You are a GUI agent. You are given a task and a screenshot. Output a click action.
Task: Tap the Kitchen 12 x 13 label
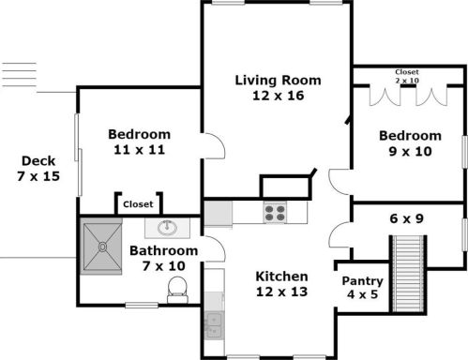pos(282,284)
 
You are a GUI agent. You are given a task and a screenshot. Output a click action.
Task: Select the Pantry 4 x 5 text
pos(361,287)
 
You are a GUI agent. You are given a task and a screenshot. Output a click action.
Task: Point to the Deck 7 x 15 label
pos(38,169)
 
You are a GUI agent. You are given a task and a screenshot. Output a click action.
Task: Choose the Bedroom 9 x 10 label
pos(410,142)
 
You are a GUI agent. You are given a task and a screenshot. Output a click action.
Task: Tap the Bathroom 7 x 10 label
pos(163,259)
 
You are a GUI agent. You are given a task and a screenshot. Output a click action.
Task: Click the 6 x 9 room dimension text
pos(407,219)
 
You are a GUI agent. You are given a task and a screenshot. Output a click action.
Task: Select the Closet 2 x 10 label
pos(407,75)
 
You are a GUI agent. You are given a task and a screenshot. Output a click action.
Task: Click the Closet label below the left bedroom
pos(139,203)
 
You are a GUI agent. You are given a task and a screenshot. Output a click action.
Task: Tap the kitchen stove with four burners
pos(275,213)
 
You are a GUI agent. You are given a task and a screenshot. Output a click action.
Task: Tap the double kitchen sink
pos(213,323)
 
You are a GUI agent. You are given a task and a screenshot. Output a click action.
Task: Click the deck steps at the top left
pos(19,74)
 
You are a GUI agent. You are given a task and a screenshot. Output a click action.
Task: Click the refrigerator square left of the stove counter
pos(218,213)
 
